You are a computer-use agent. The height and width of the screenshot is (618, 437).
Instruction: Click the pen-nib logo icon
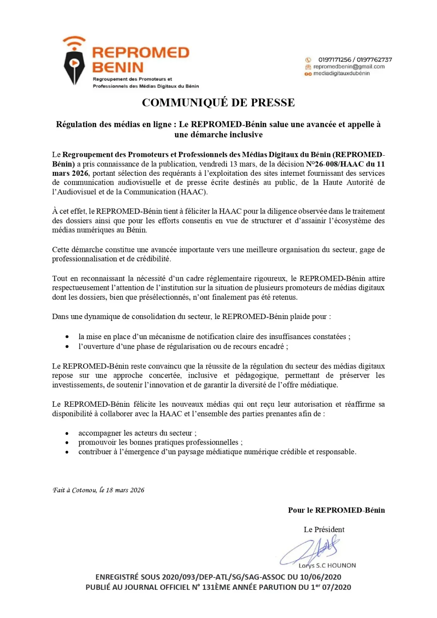tap(74, 66)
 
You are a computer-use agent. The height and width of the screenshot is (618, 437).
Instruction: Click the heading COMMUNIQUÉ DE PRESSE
tap(218, 102)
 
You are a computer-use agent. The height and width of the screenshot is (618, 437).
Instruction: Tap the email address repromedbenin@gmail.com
tap(349, 66)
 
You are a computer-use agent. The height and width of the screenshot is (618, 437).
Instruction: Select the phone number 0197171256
tap(335, 59)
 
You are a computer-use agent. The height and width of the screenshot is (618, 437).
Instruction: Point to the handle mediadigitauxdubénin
tap(342, 73)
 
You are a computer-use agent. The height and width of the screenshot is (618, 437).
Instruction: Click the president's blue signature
tap(311, 550)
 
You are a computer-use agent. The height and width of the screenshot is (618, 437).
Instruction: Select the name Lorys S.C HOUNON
tap(327, 565)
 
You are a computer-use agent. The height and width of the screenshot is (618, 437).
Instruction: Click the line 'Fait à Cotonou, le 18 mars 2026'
tap(99, 490)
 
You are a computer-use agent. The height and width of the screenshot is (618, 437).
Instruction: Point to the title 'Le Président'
tap(324, 530)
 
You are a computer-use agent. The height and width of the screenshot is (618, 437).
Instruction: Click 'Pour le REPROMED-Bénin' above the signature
tap(336, 510)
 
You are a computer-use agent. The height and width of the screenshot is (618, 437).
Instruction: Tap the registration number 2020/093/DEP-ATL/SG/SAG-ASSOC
tap(223, 577)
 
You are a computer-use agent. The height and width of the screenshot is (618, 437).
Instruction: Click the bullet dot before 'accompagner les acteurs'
tap(67, 433)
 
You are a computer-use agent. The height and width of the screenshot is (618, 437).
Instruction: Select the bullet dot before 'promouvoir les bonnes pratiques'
tap(67, 443)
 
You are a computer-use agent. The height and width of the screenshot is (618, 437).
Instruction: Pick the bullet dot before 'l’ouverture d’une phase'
tap(67, 347)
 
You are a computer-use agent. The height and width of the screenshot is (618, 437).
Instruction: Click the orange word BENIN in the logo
tap(118, 68)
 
